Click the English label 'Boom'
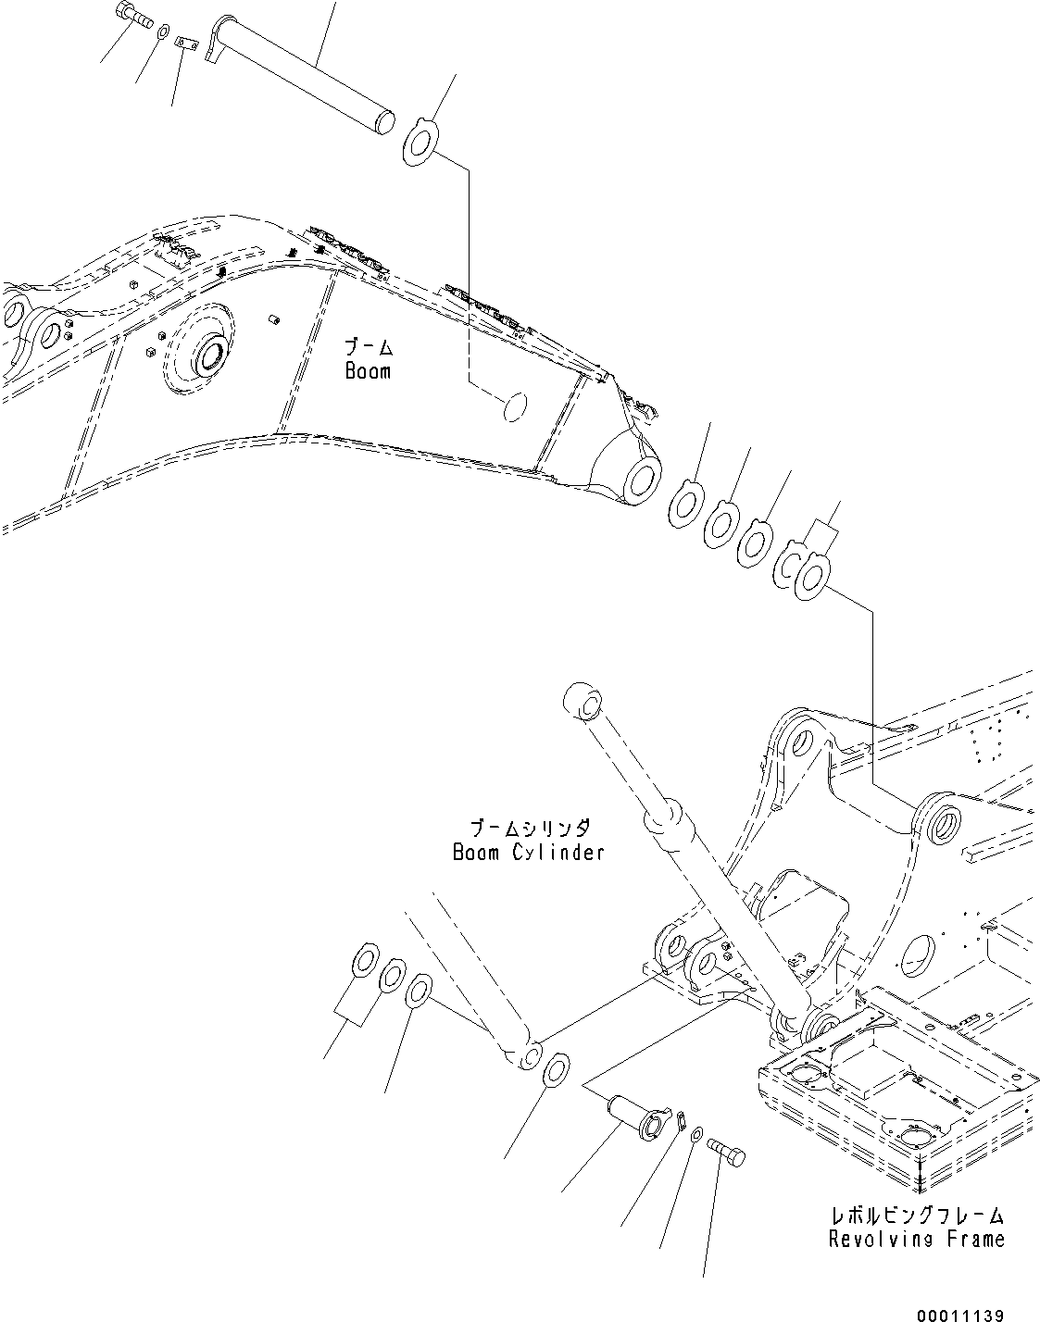tap(368, 371)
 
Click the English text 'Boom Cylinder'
tap(528, 852)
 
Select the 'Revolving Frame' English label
tap(916, 1238)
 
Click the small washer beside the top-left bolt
tap(163, 33)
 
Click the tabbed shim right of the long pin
tap(421, 140)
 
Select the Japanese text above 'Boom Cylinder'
tap(529, 827)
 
